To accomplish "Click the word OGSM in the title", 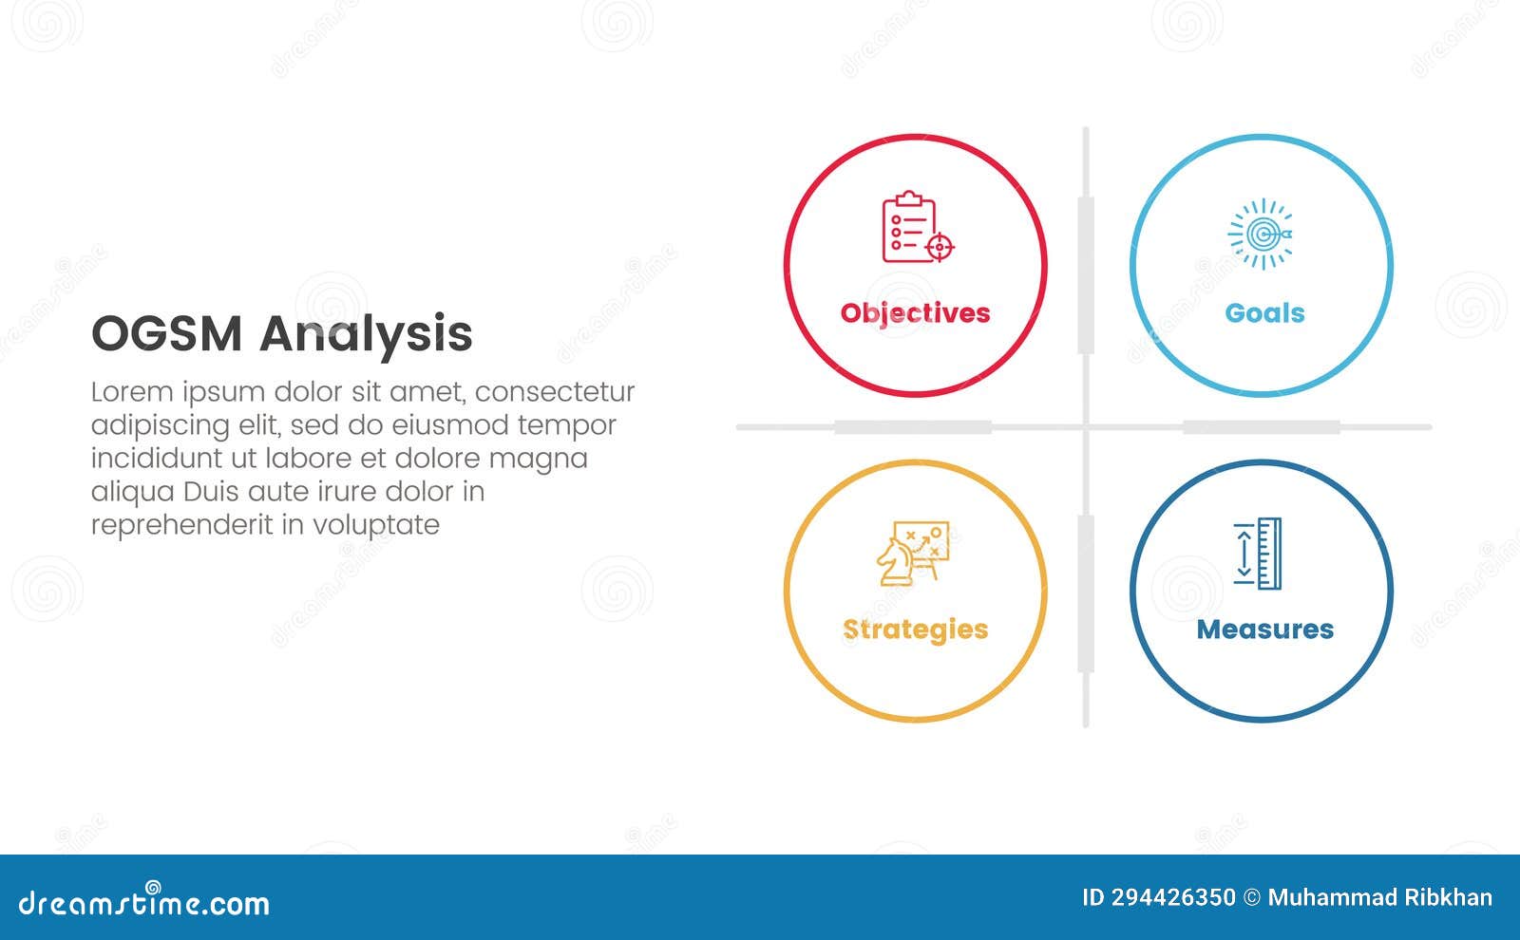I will (166, 334).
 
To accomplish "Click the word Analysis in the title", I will (366, 334).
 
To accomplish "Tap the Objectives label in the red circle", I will (915, 313).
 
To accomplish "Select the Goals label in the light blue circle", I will (1264, 313).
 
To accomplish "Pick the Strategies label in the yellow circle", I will (915, 630).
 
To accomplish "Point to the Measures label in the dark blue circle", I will (1264, 630).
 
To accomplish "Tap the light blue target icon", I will (1261, 234).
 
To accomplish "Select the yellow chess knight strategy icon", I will (912, 554).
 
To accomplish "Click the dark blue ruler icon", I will (1259, 554).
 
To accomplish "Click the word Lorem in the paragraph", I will (132, 392).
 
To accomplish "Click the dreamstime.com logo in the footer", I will (144, 902).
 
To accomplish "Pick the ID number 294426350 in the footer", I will (1173, 898).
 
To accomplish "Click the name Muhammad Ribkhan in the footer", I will (1379, 898).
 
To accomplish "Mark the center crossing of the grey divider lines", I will (1086, 427).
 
